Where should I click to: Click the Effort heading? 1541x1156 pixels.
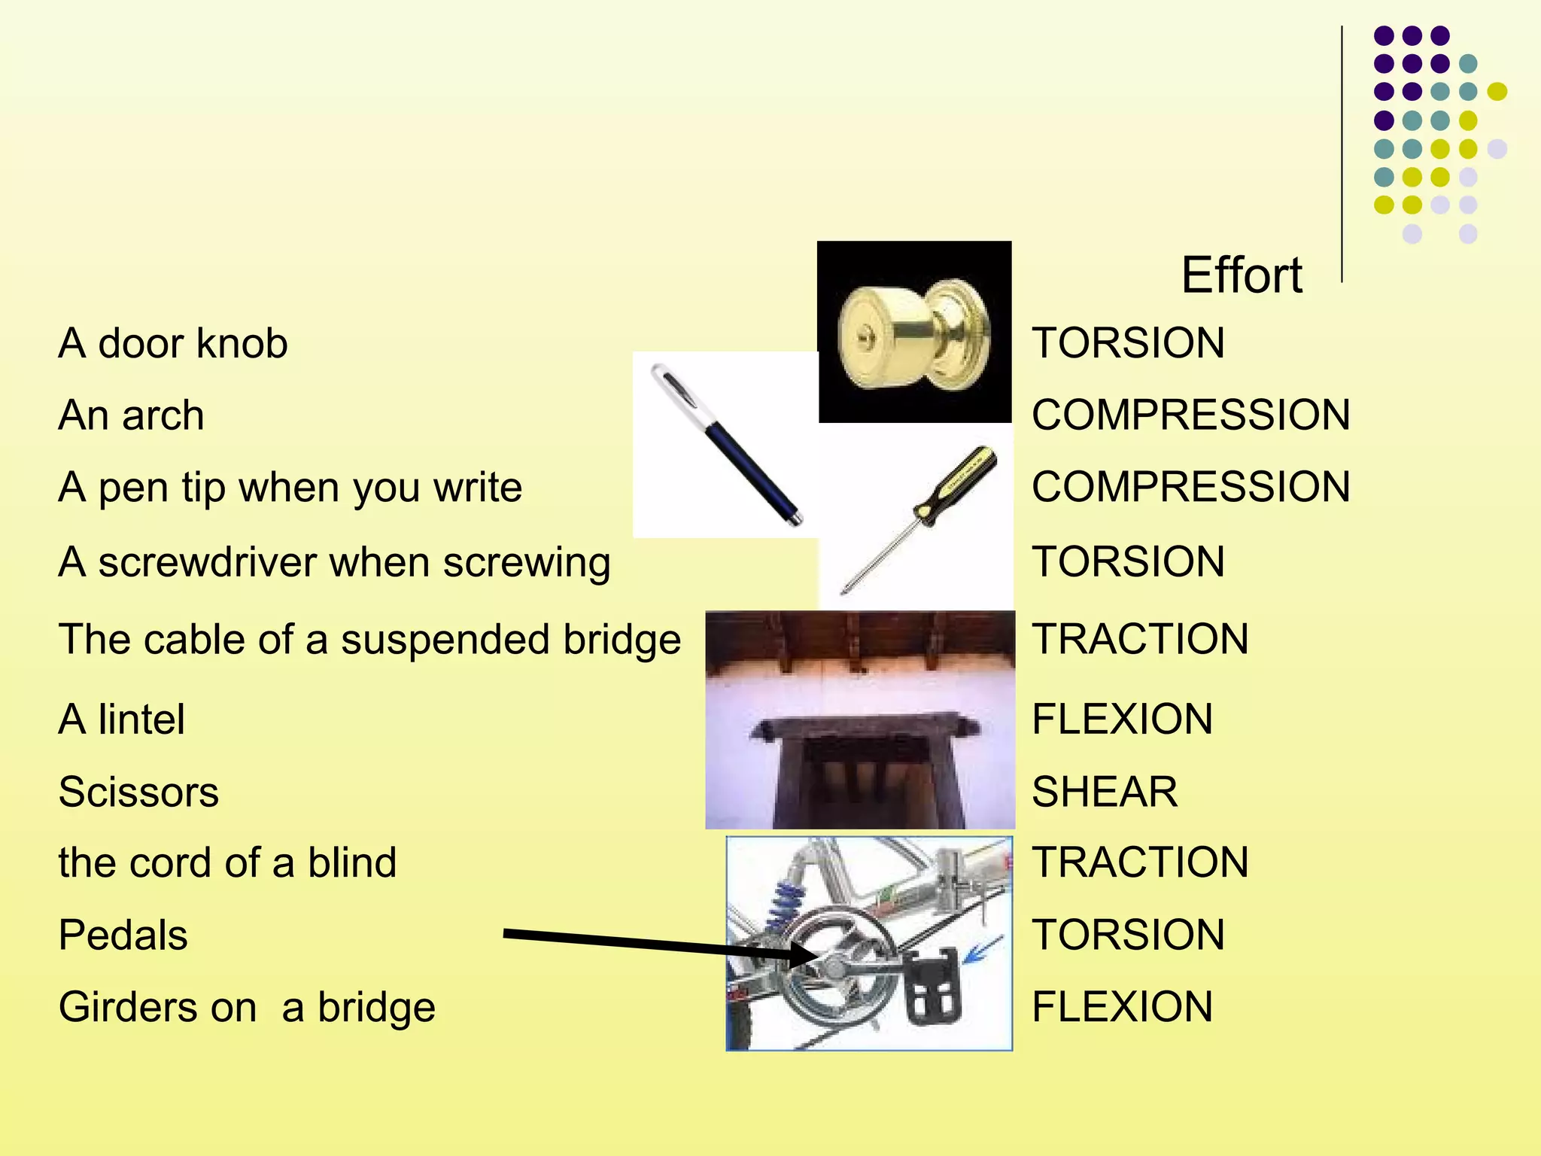(1242, 275)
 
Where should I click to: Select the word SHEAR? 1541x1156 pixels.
(1104, 792)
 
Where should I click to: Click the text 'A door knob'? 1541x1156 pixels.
(173, 343)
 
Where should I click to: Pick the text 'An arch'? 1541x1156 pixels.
(131, 415)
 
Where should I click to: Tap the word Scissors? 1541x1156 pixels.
(138, 792)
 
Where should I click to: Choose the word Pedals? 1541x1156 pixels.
(123, 935)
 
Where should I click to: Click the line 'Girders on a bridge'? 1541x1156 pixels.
(247, 1007)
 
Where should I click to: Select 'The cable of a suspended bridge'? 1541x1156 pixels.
(369, 640)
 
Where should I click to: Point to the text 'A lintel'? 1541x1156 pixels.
(122, 719)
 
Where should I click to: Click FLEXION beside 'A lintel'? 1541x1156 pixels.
(1122, 719)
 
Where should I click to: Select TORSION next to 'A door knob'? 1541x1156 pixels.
(1128, 343)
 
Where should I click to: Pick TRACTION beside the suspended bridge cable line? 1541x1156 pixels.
(1140, 640)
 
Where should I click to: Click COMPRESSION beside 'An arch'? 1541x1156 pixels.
(1190, 415)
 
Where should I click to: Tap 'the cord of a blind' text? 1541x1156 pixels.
(227, 862)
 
